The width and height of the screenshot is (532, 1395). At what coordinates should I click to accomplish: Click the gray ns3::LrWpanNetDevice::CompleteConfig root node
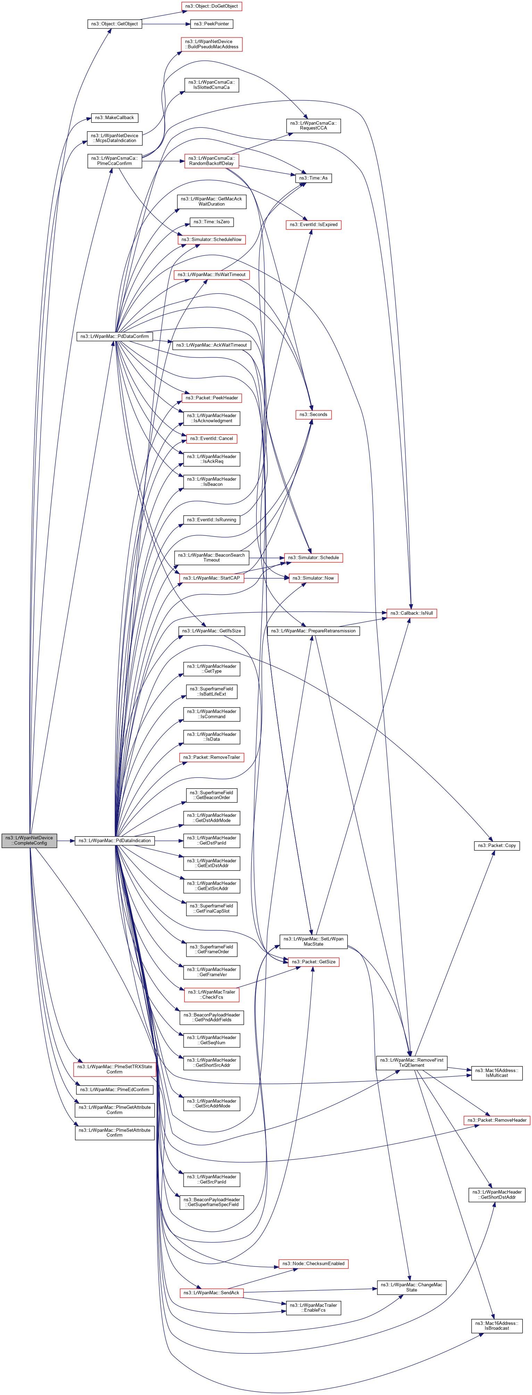(x=29, y=840)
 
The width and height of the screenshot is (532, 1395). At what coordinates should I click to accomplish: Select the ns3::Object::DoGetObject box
(x=211, y=6)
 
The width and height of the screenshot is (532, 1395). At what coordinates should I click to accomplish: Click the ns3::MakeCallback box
(x=114, y=117)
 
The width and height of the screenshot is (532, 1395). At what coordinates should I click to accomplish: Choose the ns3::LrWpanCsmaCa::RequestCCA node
(x=313, y=126)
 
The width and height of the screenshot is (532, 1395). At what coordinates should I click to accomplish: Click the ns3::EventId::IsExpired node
(x=313, y=224)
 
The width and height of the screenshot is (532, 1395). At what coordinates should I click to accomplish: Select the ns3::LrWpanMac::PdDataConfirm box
(x=114, y=336)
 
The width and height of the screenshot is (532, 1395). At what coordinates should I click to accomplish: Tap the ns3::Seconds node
(x=314, y=414)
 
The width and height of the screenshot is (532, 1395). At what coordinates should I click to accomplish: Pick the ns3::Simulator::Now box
(x=313, y=578)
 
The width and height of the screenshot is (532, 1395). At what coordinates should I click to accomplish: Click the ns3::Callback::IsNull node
(x=411, y=613)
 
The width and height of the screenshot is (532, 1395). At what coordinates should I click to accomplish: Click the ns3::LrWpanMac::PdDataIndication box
(x=114, y=840)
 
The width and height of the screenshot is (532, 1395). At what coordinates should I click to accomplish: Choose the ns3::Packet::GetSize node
(x=313, y=962)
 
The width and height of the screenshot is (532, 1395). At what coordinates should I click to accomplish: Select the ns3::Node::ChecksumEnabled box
(x=313, y=1263)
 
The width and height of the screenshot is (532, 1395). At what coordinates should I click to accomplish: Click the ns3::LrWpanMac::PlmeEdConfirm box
(x=114, y=1089)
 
